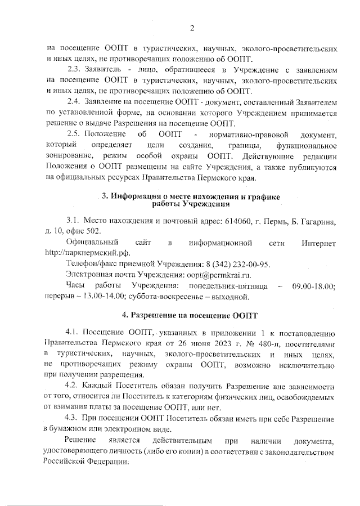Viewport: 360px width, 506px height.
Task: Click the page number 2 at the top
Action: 191,28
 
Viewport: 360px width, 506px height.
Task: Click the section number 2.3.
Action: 74,70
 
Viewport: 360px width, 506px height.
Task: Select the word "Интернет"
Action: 318,243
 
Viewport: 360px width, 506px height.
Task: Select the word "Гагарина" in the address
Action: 319,221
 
